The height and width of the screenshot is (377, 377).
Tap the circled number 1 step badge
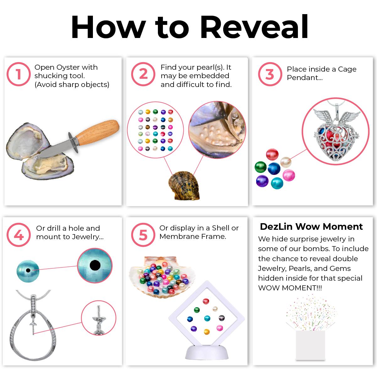pyautogui.click(x=19, y=74)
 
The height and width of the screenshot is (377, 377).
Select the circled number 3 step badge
pyautogui.click(x=270, y=74)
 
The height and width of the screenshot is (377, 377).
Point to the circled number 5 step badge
pyautogui.click(x=143, y=234)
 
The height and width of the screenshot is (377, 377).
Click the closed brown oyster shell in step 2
pyautogui.click(x=184, y=186)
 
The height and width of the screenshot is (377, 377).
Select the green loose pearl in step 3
pyautogui.click(x=261, y=167)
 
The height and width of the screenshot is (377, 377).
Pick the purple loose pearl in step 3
pyautogui.click(x=262, y=181)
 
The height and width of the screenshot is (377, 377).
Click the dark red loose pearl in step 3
pyautogui.click(x=272, y=154)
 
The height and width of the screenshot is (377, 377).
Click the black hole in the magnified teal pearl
pyautogui.click(x=95, y=265)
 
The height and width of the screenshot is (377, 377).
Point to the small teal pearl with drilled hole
pyautogui.click(x=28, y=271)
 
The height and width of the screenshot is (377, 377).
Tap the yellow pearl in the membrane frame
pyautogui.click(x=207, y=331)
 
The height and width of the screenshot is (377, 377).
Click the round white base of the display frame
pyautogui.click(x=207, y=352)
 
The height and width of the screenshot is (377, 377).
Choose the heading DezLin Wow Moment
pyautogui.click(x=311, y=227)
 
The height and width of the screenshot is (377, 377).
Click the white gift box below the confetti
pyautogui.click(x=310, y=345)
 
